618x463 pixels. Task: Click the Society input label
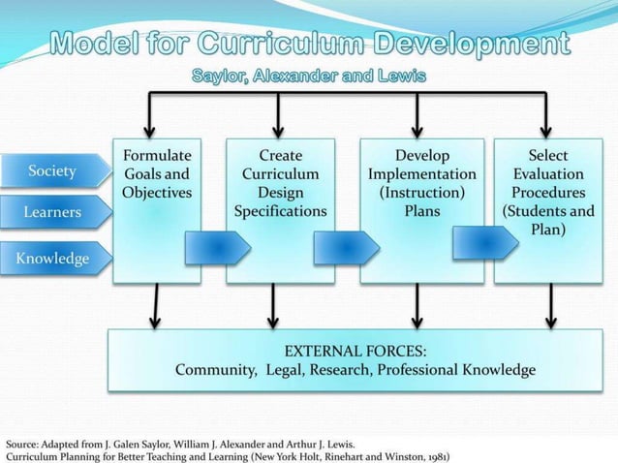point(52,171)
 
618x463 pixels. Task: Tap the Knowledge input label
point(52,258)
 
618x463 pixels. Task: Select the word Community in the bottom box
point(214,370)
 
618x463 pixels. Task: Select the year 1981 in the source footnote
point(433,452)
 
